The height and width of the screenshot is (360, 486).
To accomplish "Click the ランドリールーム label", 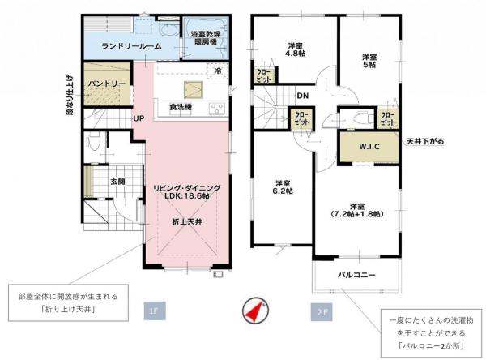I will [131, 46].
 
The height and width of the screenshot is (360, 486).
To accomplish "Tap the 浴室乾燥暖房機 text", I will [207, 38].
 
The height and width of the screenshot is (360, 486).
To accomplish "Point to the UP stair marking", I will [139, 118].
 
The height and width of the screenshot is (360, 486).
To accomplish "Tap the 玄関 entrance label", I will [117, 182].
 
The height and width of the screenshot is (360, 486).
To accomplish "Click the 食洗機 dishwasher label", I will [180, 107].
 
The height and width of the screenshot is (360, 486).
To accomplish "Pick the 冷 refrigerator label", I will [217, 72].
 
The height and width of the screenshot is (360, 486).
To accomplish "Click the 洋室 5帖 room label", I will [369, 61].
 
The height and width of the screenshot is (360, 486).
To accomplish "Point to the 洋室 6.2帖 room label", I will [282, 186].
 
